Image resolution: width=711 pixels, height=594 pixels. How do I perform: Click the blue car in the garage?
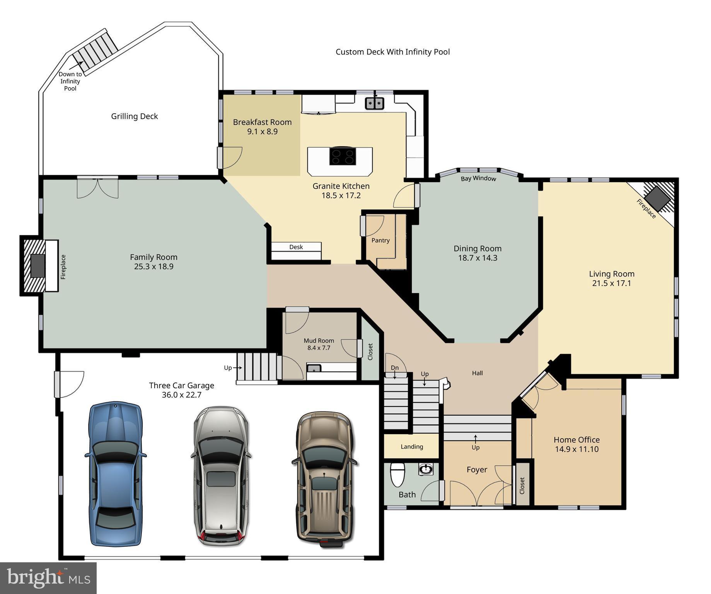click(116, 474)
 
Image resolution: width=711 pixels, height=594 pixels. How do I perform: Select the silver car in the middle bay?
click(221, 476)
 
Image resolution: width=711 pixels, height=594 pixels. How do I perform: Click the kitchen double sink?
click(374, 103)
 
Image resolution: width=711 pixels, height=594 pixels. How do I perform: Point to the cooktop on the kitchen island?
click(343, 156)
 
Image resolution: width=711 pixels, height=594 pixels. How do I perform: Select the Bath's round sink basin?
click(426, 469)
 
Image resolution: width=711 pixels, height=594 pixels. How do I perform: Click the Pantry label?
click(380, 241)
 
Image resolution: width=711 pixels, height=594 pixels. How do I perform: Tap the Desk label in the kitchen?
click(296, 247)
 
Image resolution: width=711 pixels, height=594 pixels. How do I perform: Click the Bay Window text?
click(478, 178)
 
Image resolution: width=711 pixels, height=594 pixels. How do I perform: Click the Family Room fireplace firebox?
click(38, 266)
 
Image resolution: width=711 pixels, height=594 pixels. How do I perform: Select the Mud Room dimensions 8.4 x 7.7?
click(319, 348)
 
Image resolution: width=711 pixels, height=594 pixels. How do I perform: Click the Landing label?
click(412, 447)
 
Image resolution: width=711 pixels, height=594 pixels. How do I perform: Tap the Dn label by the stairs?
click(394, 368)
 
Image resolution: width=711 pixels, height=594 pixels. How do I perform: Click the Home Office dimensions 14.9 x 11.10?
click(576, 449)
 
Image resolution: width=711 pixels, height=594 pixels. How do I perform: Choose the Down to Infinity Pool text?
click(70, 81)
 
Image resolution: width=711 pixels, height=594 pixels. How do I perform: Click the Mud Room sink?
click(314, 368)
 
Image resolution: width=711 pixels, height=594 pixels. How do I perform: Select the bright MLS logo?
click(48, 578)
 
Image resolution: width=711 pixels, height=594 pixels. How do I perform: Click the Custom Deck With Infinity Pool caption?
click(392, 52)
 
